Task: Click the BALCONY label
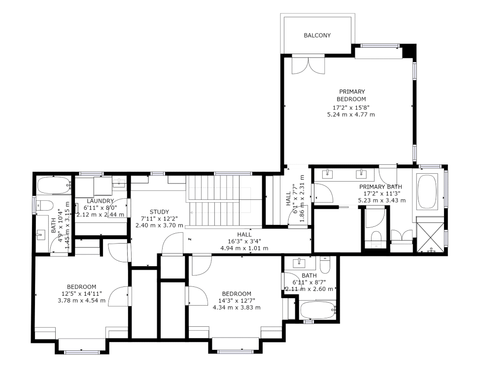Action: tap(317, 35)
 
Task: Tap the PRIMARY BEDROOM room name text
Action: tap(351, 95)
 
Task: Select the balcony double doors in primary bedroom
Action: tap(308, 65)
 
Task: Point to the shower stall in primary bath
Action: tap(431, 235)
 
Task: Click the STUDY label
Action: tap(159, 212)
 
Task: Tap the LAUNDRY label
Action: tap(101, 201)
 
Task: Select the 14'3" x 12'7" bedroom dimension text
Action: tap(237, 301)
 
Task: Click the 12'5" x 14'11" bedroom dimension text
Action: tap(81, 294)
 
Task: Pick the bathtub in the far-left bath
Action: tap(53, 186)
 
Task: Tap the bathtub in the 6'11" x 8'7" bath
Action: tap(317, 310)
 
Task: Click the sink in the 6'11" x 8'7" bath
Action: tap(298, 262)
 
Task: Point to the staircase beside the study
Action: tap(217, 200)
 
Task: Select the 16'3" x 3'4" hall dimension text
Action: tap(244, 241)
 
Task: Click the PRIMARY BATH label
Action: tap(380, 187)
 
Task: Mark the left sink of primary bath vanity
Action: tap(327, 173)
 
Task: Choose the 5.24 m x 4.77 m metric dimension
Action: tap(351, 115)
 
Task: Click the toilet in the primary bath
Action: tap(376, 238)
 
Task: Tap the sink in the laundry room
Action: tap(119, 183)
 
